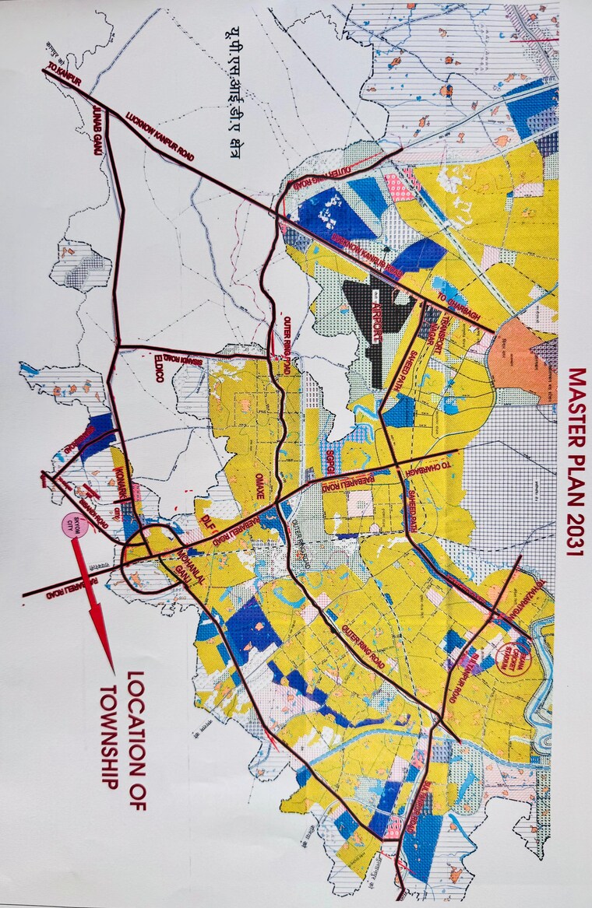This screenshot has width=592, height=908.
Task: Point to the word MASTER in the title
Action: click(x=576, y=405)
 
